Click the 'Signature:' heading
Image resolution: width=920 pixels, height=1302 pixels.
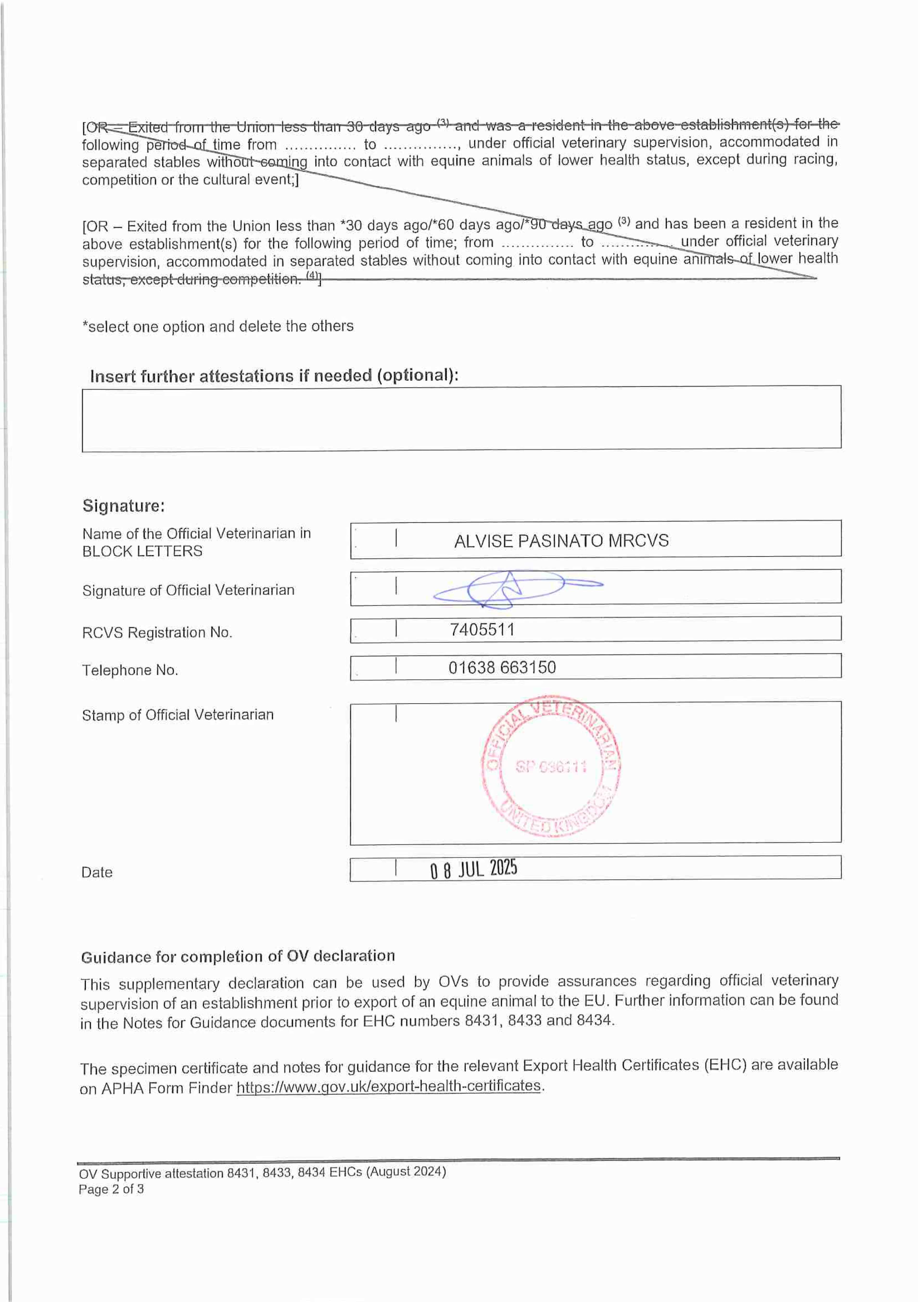point(124,506)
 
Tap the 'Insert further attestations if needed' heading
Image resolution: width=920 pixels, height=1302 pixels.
point(274,376)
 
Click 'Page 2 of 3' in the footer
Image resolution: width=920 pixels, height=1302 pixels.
point(111,1189)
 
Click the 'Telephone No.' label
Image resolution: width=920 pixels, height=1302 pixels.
point(130,670)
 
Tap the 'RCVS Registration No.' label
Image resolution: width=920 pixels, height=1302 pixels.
point(157,633)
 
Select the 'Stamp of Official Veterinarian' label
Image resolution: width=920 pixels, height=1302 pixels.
point(177,715)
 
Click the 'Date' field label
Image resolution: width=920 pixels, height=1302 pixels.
point(97,872)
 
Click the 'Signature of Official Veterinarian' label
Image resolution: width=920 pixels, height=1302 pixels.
point(188,590)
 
